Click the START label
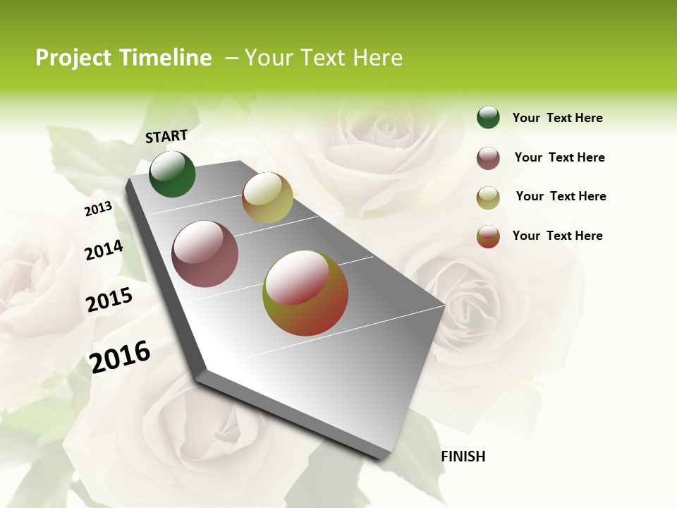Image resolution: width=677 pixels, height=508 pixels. [x=166, y=136]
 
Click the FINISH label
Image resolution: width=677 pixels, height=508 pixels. [x=463, y=456]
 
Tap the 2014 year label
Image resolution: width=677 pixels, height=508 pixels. [x=104, y=250]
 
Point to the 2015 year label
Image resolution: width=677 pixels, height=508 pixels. [x=109, y=300]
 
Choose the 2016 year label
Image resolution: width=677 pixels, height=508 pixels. [x=120, y=356]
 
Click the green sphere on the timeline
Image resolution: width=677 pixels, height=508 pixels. [x=172, y=174]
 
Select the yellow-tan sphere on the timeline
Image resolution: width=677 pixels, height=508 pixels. [x=267, y=198]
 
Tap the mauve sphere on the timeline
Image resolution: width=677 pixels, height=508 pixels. [x=205, y=254]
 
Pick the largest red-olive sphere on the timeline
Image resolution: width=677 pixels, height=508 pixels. [x=305, y=293]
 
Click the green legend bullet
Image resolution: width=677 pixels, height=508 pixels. [x=488, y=117]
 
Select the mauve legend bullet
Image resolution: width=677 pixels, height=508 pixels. [x=488, y=158]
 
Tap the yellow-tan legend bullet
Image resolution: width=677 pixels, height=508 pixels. [x=488, y=198]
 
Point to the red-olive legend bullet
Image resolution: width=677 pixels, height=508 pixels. [x=488, y=236]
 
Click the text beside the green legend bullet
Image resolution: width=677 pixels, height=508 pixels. [x=557, y=118]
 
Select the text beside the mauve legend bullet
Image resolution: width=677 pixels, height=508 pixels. [x=559, y=157]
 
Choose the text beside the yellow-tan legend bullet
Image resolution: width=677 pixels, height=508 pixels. [x=561, y=196]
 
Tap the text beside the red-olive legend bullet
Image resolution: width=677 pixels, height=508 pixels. [x=557, y=236]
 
